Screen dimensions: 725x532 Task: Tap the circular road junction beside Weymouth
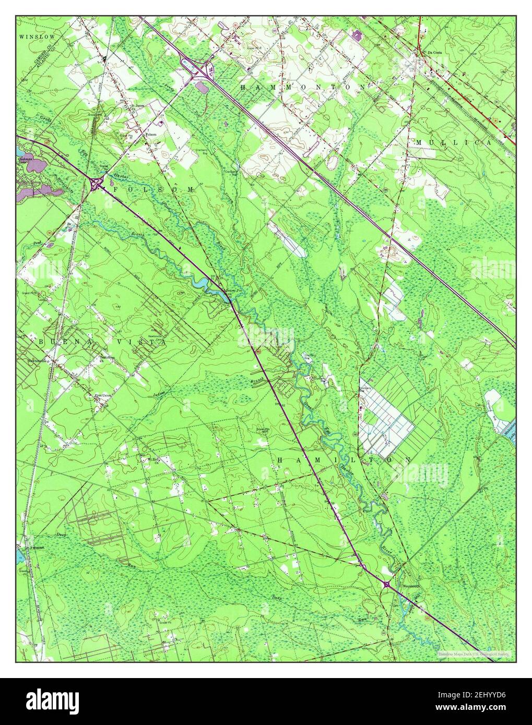point(387,585)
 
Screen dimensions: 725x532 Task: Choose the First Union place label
point(102,396)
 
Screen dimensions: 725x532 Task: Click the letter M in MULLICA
point(419,142)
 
